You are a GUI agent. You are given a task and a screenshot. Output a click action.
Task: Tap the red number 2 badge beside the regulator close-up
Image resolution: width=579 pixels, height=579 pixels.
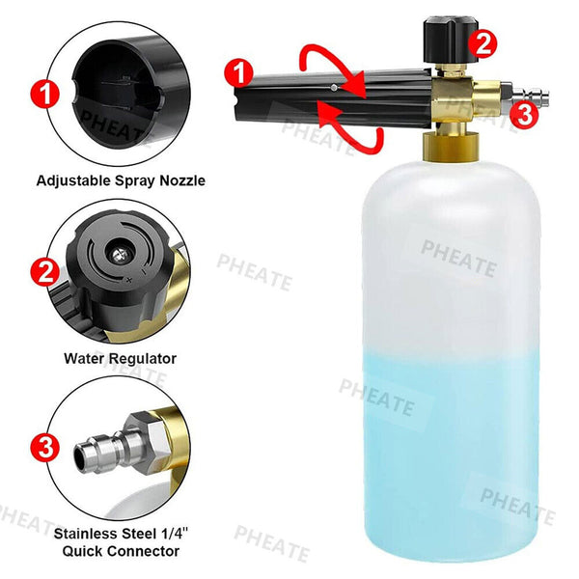[45, 272]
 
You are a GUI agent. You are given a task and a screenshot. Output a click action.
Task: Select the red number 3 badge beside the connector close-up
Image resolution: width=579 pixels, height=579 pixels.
[45, 447]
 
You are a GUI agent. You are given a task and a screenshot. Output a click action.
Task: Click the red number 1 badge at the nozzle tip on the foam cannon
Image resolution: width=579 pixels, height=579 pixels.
[239, 73]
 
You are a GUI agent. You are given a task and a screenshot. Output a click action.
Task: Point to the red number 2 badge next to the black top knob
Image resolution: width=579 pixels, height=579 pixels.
[482, 44]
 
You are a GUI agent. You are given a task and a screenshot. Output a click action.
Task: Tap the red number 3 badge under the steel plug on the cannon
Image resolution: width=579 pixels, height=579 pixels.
[524, 115]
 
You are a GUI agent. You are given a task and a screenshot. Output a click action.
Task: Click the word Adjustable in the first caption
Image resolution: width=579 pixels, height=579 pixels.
[73, 181]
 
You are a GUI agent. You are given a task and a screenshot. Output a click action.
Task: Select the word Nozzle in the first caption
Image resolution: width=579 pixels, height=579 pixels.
[182, 180]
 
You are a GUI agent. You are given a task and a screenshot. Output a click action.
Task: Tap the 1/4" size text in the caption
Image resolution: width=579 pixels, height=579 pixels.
[175, 534]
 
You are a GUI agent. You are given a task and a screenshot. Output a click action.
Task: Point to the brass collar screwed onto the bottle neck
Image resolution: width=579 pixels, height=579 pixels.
[451, 147]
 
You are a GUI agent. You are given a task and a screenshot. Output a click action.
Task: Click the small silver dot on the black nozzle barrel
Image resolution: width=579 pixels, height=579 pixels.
[334, 88]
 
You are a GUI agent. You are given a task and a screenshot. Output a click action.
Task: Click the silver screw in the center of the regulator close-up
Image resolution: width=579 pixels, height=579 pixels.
[120, 254]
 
